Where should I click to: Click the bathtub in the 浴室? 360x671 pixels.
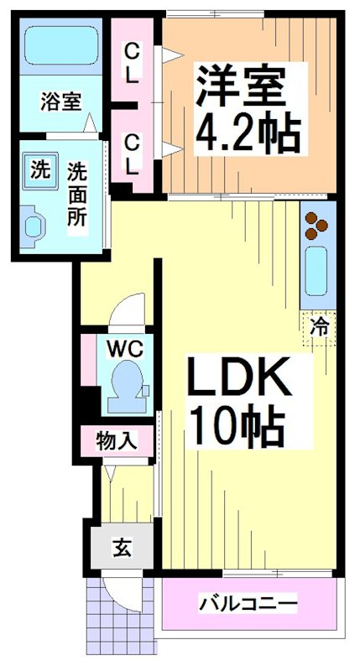pos(60,45)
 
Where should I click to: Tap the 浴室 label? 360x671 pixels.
pos(60,102)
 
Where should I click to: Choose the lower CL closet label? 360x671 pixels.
pos(132,154)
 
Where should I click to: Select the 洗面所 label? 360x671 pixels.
pos(77,194)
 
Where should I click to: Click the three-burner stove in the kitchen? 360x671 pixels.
pos(316,225)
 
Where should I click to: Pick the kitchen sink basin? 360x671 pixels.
pos(316,271)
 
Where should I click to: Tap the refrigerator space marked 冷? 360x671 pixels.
pos(319,328)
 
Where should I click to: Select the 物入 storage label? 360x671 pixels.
pos(117,441)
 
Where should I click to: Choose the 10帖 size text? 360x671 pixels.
pos(237,426)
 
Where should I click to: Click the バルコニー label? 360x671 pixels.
pos(248,604)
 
